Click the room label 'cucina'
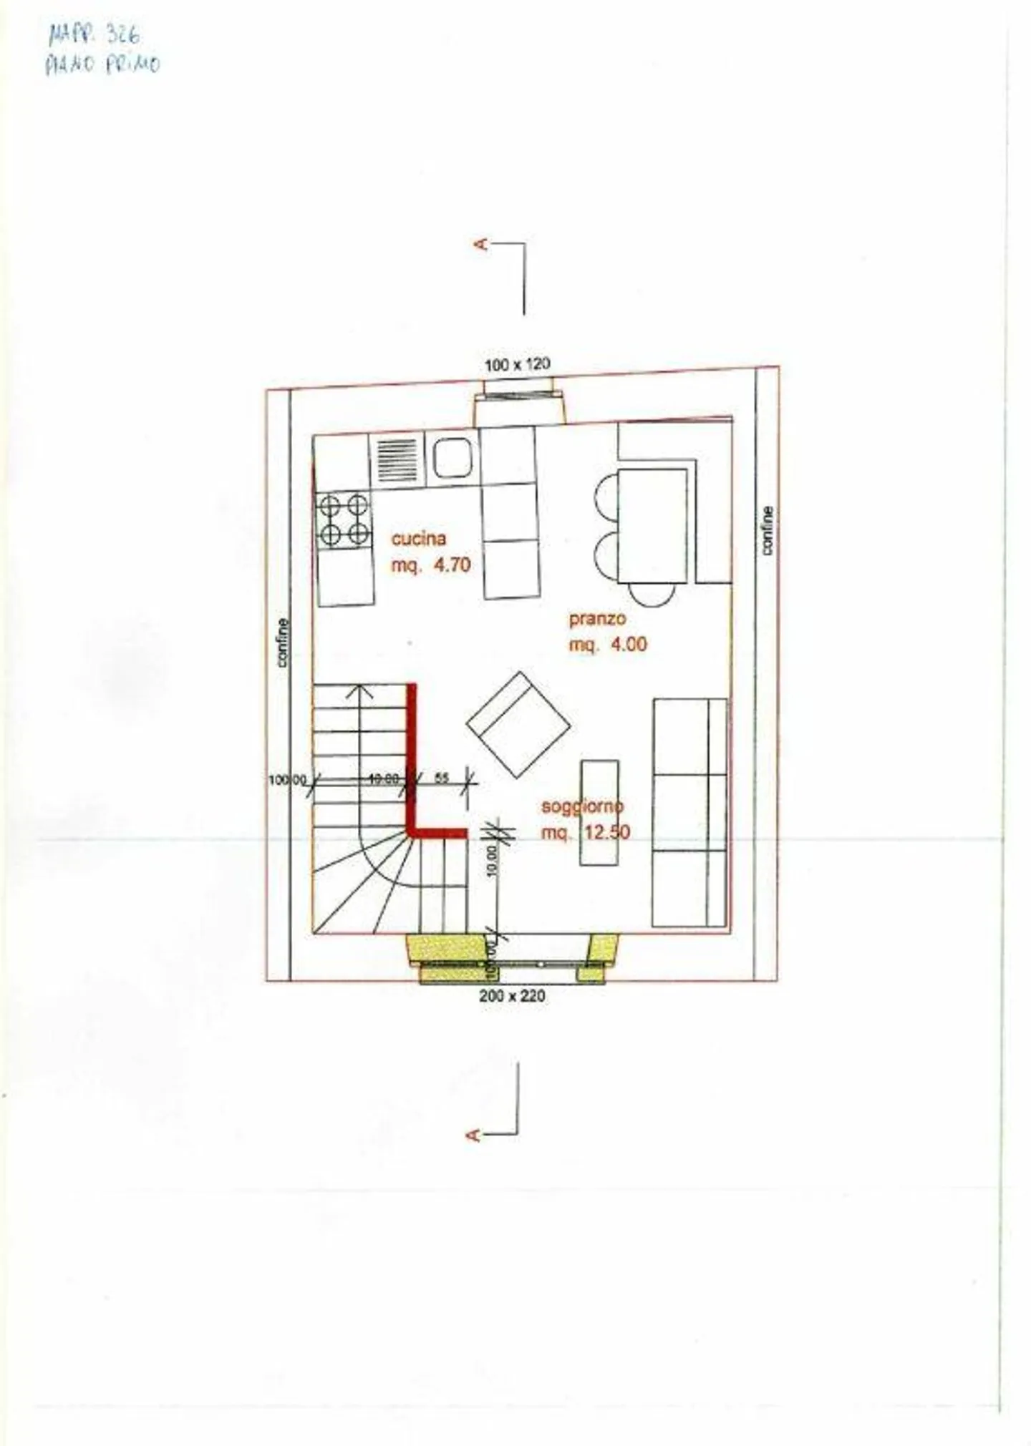(419, 538)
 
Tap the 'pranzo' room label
(597, 618)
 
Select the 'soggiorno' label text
(582, 806)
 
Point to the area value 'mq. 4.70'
(431, 565)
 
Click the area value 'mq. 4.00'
(608, 644)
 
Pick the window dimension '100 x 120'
(517, 364)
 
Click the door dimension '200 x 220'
(512, 995)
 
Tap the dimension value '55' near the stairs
(442, 777)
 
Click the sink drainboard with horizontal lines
(397, 461)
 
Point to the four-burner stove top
(344, 520)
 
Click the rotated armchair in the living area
(518, 724)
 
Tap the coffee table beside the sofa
(599, 813)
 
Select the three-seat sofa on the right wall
(689, 812)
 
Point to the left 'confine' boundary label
(283, 643)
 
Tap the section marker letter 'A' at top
(481, 245)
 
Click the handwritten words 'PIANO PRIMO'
(102, 64)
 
